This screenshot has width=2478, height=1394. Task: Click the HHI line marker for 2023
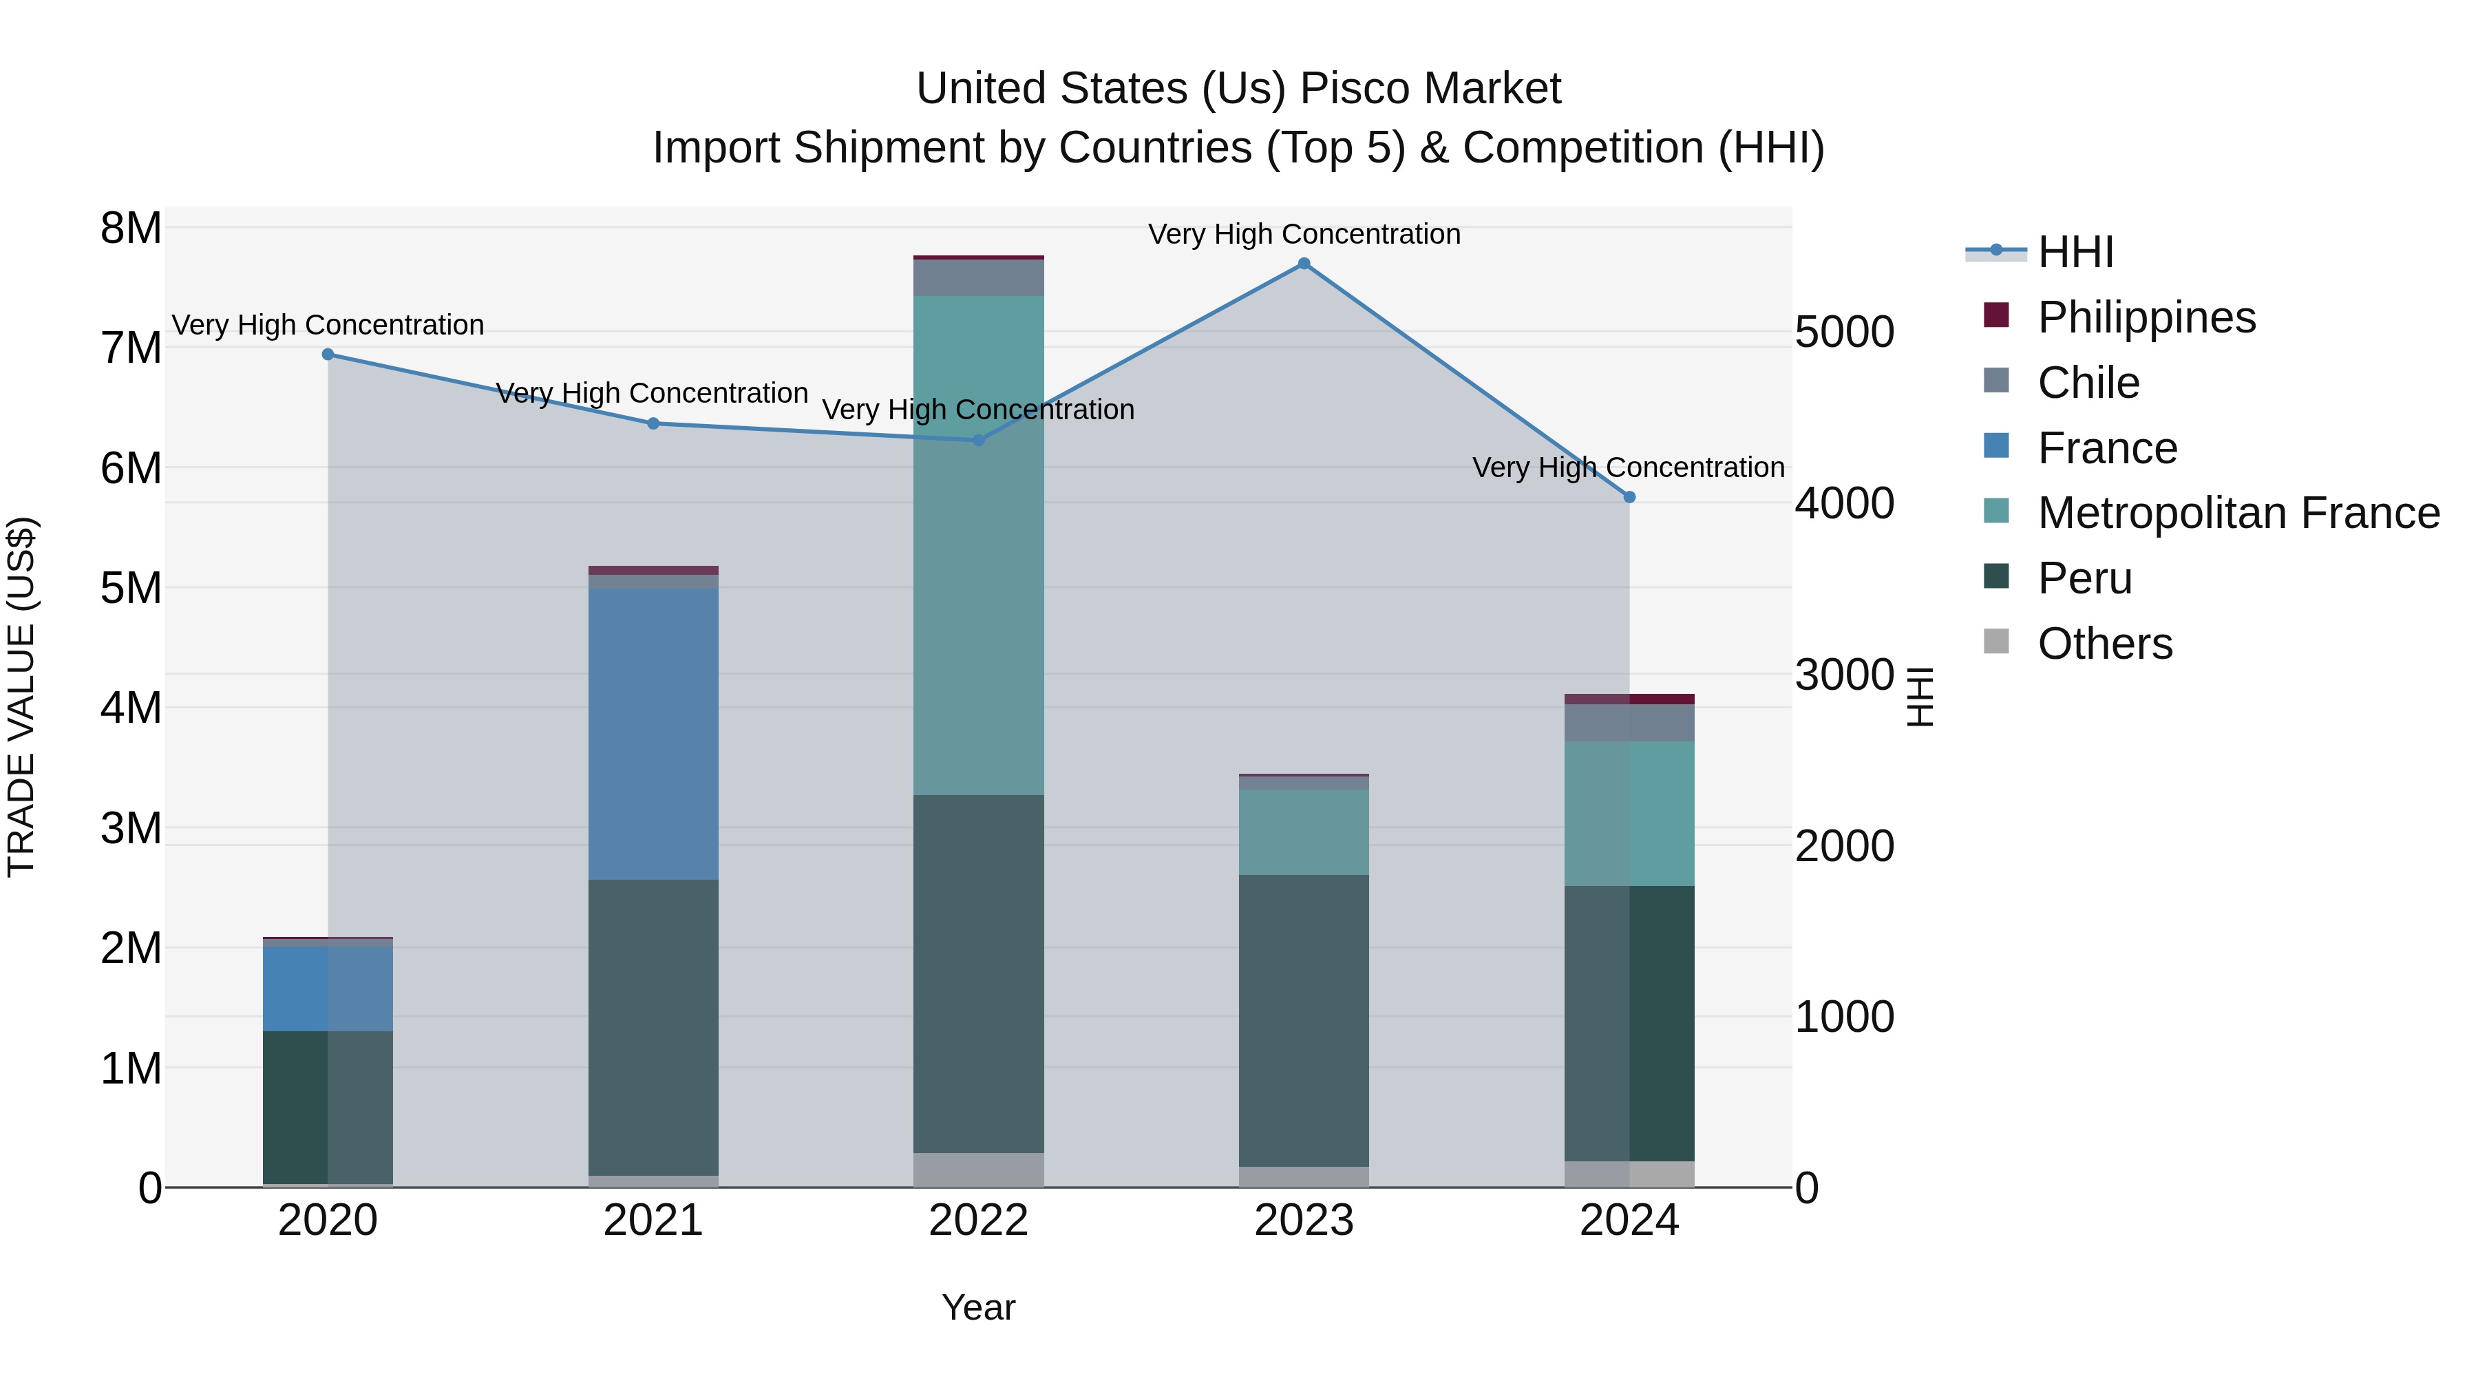(x=1304, y=264)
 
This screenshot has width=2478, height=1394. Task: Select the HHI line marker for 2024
(x=1629, y=498)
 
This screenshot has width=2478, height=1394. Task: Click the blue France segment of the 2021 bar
(x=653, y=733)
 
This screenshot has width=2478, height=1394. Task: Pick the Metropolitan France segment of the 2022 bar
(x=978, y=545)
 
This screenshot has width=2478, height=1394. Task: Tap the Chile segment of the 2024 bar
(x=1629, y=723)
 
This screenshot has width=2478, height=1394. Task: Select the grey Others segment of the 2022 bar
(x=978, y=1169)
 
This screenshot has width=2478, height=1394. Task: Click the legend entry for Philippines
(x=2145, y=317)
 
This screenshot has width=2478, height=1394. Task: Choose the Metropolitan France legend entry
(x=2238, y=513)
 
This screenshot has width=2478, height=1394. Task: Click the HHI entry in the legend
(x=2075, y=252)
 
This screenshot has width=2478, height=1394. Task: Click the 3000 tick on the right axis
(x=1844, y=675)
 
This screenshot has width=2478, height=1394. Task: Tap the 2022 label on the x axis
(x=978, y=1221)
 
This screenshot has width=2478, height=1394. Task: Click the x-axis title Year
(x=978, y=1307)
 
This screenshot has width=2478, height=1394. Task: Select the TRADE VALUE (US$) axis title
(x=21, y=697)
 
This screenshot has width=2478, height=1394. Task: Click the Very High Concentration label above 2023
(x=1304, y=234)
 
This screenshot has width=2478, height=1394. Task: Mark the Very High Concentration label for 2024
(x=1628, y=467)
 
